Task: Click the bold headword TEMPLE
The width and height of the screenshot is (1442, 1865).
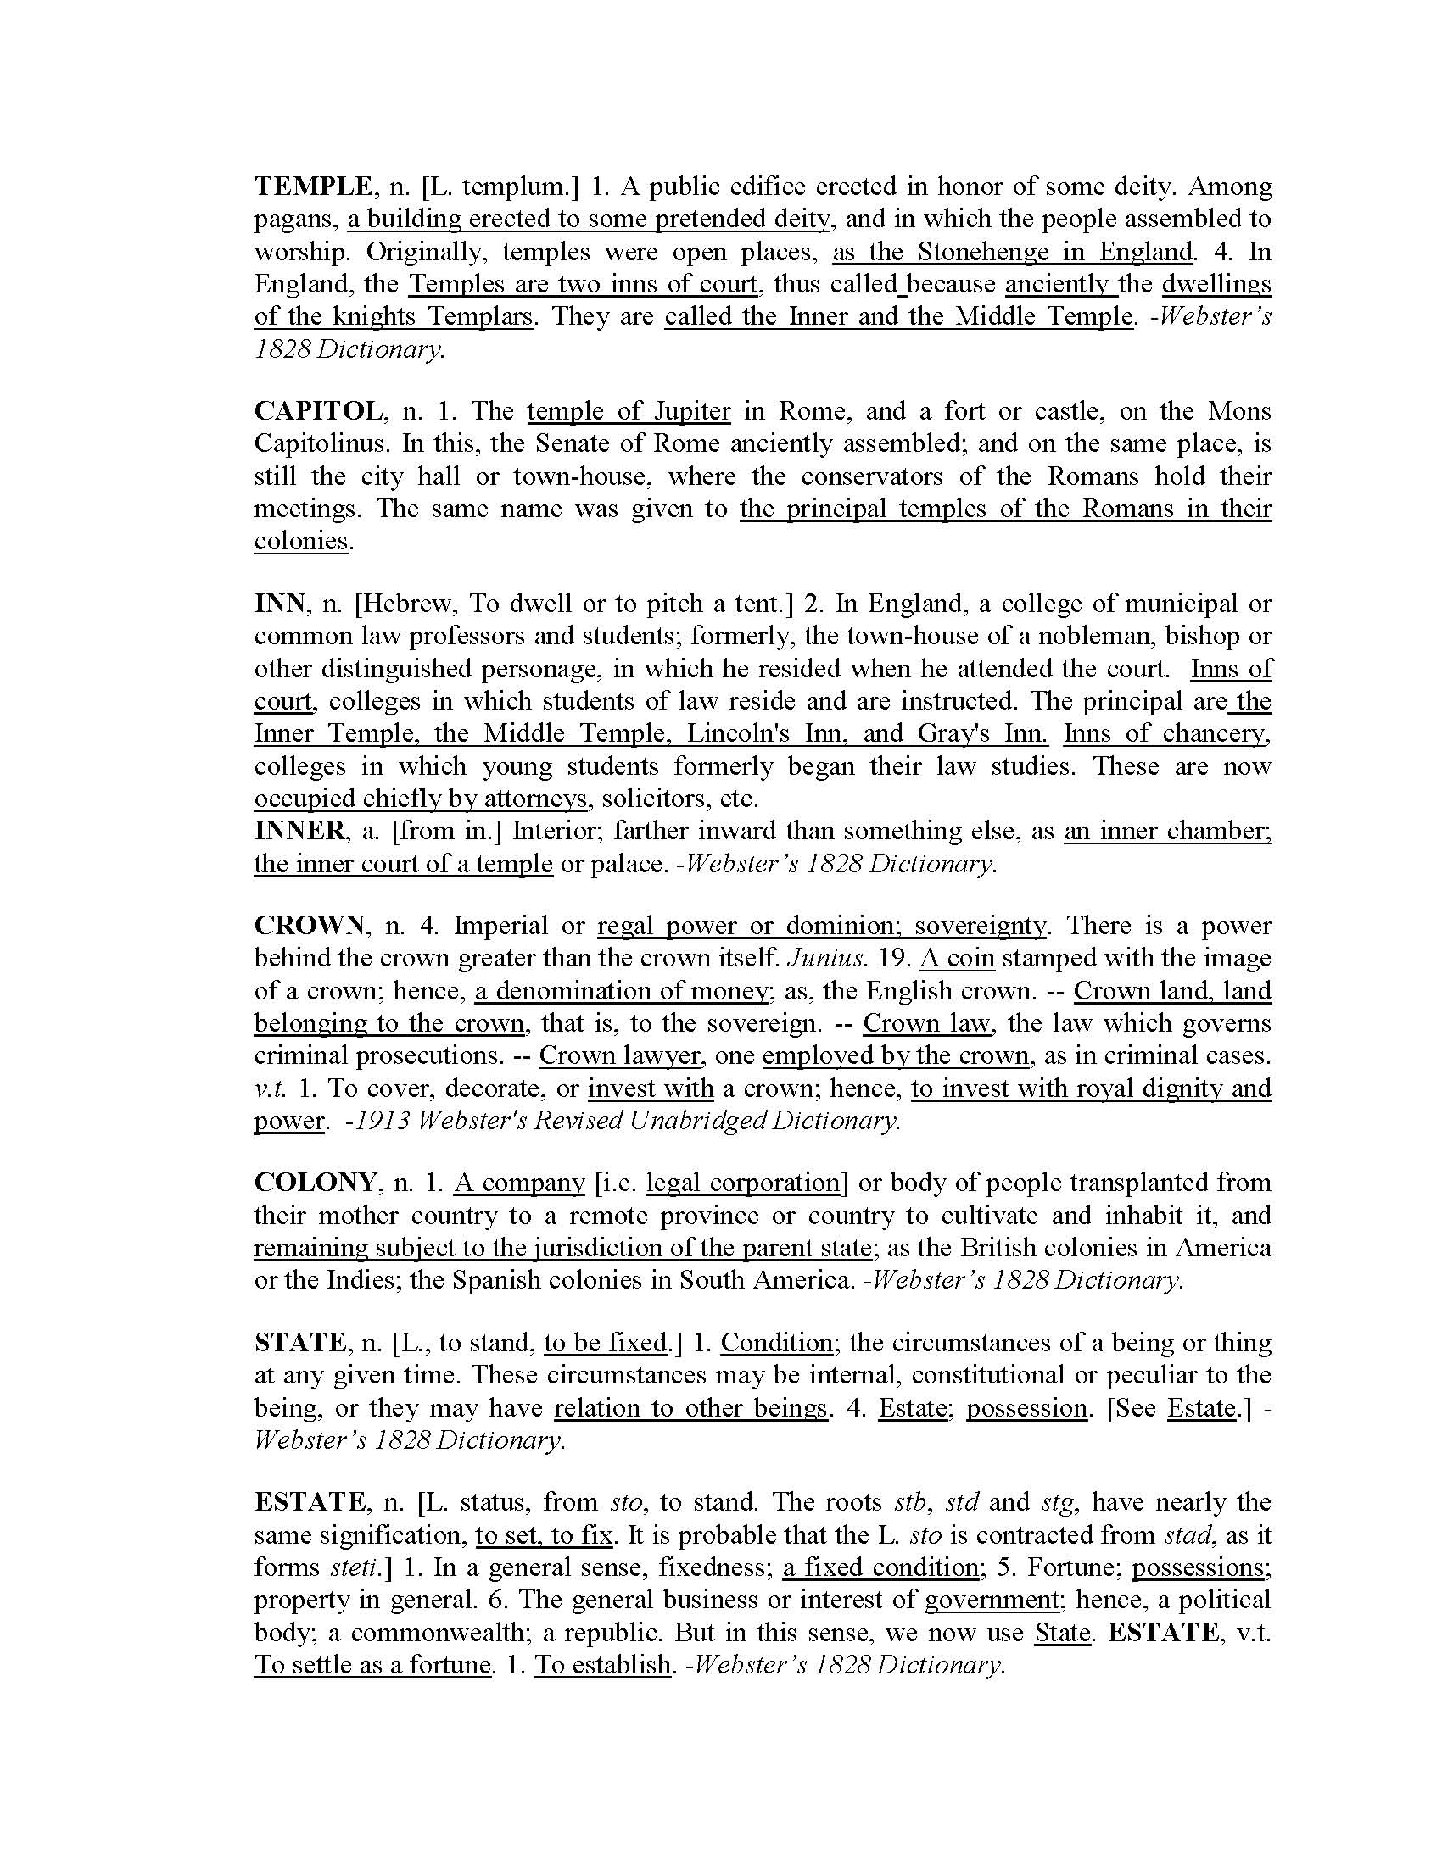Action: click(313, 186)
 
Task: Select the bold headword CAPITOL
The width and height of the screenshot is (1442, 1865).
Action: click(319, 411)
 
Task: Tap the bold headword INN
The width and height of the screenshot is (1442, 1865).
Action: click(279, 604)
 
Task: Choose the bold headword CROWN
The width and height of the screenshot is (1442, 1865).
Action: click(310, 926)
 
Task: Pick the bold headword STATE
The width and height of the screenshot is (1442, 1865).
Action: click(299, 1344)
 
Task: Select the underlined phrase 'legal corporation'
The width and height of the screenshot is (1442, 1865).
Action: click(743, 1183)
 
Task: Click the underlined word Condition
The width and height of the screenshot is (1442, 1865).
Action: click(776, 1344)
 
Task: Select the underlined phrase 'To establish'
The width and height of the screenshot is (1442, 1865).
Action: click(602, 1665)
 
